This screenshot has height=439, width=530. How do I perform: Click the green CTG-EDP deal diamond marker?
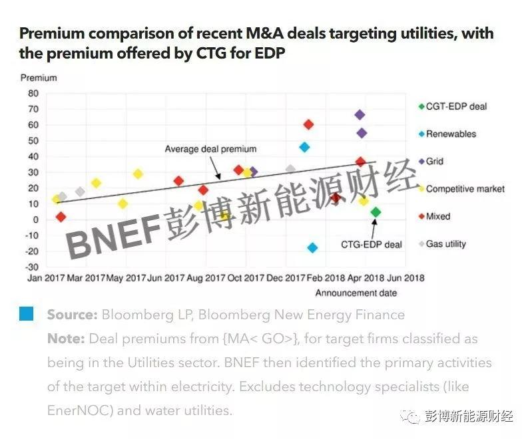(376, 212)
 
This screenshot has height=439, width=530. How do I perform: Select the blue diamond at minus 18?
(312, 248)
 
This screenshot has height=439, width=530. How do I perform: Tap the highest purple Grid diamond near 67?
(360, 115)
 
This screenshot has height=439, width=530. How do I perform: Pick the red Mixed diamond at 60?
(308, 124)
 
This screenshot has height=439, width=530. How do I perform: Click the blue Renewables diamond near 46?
(304, 147)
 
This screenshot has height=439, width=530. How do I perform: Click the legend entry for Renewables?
(451, 134)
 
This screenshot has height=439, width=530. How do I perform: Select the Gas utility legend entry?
(445, 244)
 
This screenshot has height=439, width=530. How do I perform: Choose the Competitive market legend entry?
(465, 189)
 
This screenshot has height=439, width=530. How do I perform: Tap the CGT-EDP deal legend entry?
(456, 106)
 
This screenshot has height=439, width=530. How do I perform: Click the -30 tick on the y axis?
(31, 267)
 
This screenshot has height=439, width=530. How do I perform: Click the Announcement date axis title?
(356, 293)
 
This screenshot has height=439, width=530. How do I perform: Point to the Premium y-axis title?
(39, 78)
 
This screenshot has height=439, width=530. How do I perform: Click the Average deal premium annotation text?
(210, 149)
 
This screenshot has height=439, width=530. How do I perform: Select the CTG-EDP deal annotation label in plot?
(371, 245)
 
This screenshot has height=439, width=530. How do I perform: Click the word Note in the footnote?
(65, 339)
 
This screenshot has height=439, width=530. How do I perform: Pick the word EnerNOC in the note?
(74, 410)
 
